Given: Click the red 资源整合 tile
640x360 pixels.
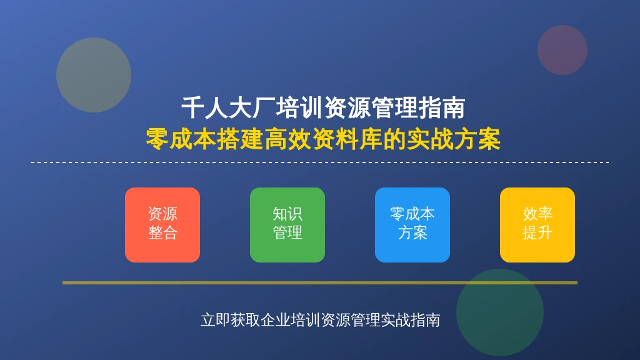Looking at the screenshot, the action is pyautogui.click(x=162, y=225).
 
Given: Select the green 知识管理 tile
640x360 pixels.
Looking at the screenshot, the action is pyautogui.click(x=287, y=225).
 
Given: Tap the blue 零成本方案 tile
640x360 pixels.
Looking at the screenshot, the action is pyautogui.click(x=412, y=225).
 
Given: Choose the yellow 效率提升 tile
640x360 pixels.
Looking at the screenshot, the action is pyautogui.click(x=537, y=225).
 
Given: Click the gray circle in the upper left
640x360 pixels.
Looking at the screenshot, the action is pyautogui.click(x=94, y=75).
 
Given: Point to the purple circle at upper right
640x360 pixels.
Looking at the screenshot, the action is pyautogui.click(x=562, y=50).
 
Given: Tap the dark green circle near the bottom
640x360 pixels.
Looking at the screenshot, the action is pyautogui.click(x=500, y=312).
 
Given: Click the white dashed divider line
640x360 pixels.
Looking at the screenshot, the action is pyautogui.click(x=320, y=162).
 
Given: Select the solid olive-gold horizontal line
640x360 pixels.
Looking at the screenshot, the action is pyautogui.click(x=320, y=282).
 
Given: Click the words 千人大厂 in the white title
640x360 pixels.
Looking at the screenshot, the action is pyautogui.click(x=228, y=108).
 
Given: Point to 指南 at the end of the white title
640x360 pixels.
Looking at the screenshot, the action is pyautogui.click(x=442, y=108).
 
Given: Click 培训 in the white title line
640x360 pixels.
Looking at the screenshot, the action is pyautogui.click(x=299, y=108).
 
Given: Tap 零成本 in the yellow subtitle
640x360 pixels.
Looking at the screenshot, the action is pyautogui.click(x=181, y=139).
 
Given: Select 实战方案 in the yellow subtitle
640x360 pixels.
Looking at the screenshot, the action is pyautogui.click(x=454, y=139).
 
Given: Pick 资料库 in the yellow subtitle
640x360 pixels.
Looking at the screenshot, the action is pyautogui.click(x=347, y=139).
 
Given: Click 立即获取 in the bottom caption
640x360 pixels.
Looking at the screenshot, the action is pyautogui.click(x=230, y=320).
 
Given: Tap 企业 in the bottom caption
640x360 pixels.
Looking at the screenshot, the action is pyautogui.click(x=276, y=320).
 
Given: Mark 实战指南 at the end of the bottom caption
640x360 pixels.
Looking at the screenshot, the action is pyautogui.click(x=410, y=320).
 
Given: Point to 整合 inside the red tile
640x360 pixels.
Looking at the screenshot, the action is pyautogui.click(x=162, y=233).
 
